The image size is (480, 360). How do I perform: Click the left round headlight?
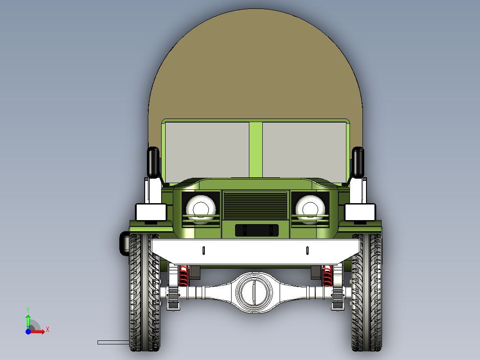[201, 208]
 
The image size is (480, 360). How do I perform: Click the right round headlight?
[310, 208]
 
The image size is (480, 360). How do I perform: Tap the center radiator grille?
[255, 205]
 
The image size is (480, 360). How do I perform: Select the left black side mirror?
[153, 161]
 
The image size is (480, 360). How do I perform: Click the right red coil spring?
[327, 276]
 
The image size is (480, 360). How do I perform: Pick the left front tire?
[144, 294]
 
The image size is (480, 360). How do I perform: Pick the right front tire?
[367, 294]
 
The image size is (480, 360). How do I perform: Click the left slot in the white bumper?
[203, 250]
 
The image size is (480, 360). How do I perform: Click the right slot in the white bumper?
[307, 250]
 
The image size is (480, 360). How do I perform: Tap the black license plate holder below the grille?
[256, 230]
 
